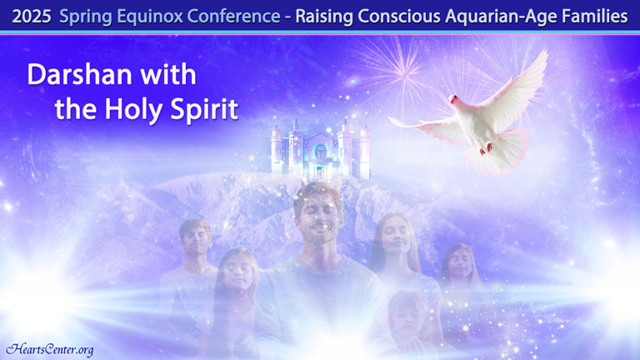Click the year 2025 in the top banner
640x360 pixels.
(x=32, y=17)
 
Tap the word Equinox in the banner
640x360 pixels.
(x=151, y=17)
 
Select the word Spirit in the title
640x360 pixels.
(x=204, y=110)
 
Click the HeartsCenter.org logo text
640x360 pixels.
(x=50, y=349)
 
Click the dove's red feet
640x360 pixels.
(x=486, y=148)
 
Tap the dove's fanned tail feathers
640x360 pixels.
(x=498, y=153)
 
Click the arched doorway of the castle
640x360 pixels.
(x=321, y=152)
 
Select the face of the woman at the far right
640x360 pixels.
(x=460, y=263)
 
